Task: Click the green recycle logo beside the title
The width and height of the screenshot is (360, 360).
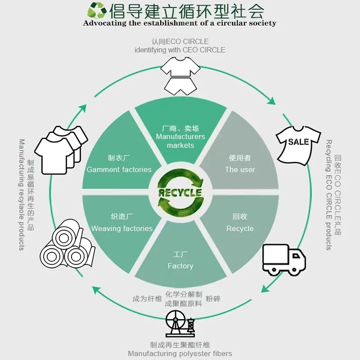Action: tap(96, 10)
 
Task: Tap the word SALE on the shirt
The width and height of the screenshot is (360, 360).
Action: tap(299, 142)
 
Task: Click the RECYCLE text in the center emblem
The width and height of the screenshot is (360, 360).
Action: tap(180, 193)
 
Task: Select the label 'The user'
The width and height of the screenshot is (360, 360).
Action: tap(240, 170)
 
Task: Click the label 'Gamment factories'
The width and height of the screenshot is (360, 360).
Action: tap(119, 170)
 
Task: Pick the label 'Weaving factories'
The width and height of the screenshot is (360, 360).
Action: tap(122, 229)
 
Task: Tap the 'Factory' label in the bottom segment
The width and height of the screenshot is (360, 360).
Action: tap(180, 266)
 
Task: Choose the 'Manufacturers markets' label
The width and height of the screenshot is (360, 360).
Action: tap(180, 141)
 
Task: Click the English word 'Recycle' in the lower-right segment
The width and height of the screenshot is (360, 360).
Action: tap(240, 229)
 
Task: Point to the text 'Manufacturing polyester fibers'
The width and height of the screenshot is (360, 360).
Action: tap(180, 354)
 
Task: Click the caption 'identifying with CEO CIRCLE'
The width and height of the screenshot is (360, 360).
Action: tap(180, 50)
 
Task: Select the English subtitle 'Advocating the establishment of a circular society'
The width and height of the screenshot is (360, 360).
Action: tap(180, 23)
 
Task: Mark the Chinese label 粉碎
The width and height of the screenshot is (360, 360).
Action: tap(213, 299)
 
